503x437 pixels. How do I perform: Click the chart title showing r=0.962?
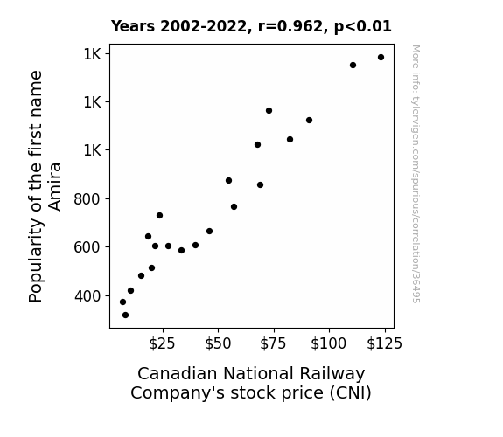(251, 26)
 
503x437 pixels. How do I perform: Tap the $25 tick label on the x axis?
(162, 343)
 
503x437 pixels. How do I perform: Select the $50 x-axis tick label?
(218, 343)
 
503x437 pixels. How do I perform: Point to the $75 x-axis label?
(273, 343)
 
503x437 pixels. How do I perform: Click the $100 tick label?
(329, 343)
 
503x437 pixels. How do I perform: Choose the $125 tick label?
(384, 343)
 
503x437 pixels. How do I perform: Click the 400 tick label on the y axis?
(87, 296)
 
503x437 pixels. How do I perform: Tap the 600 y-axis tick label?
(87, 247)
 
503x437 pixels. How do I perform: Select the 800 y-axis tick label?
(87, 198)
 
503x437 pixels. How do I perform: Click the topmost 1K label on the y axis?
(93, 54)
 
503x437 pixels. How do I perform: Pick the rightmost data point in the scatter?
(381, 58)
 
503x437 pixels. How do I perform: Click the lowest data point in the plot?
(125, 316)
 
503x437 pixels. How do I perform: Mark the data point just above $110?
(353, 65)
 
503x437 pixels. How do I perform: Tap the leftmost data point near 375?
(122, 302)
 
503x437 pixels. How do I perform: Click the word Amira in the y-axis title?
(55, 186)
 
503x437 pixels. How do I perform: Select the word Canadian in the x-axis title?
(178, 374)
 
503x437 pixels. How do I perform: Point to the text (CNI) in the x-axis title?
(351, 393)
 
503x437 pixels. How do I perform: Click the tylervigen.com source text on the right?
(416, 174)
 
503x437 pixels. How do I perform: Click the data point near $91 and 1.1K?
(309, 121)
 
